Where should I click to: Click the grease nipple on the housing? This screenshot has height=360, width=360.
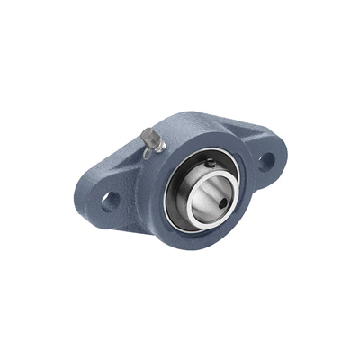150,139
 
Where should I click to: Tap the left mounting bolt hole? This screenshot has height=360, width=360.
110,199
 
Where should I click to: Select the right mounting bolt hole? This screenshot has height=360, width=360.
267,162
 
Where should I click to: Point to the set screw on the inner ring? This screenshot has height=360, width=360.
209,163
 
